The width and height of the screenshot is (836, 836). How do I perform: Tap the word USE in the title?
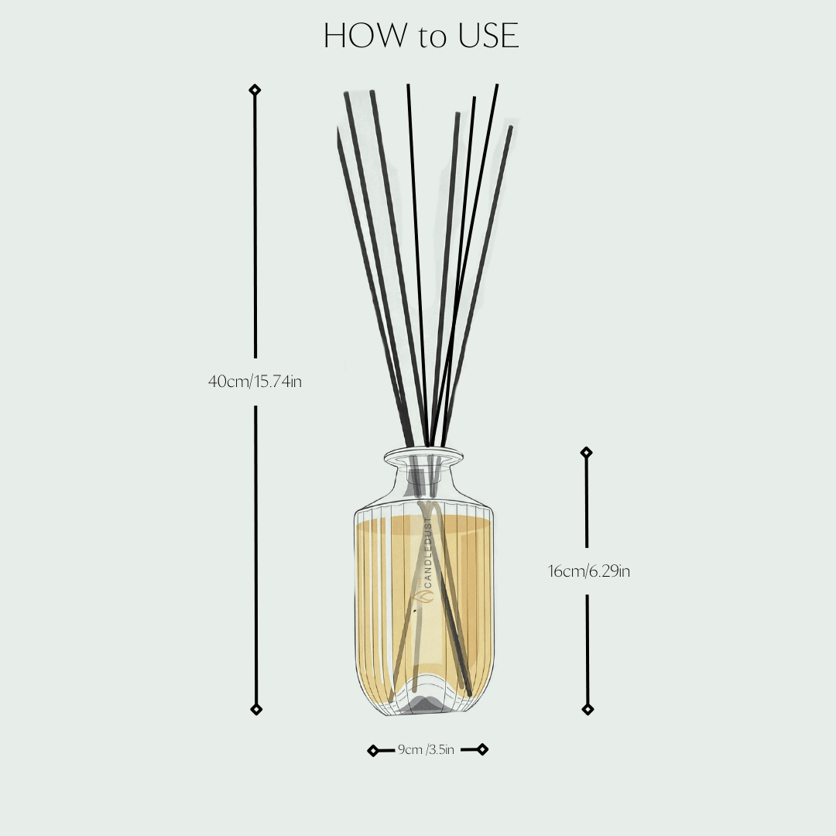[x=487, y=36]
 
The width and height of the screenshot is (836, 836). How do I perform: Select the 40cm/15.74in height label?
[x=255, y=382]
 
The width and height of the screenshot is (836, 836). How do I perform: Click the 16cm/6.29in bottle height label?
[x=589, y=572]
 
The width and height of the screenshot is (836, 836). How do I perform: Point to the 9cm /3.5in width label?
[x=426, y=749]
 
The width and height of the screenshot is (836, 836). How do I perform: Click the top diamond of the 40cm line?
[x=255, y=91]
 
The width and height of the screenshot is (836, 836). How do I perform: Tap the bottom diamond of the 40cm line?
[x=256, y=709]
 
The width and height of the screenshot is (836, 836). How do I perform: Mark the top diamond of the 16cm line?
[x=587, y=452]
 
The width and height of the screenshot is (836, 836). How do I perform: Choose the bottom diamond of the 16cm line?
[x=588, y=709]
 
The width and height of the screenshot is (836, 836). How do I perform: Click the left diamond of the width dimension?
[x=373, y=750]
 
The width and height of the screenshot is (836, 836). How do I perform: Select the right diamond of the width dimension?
[x=482, y=749]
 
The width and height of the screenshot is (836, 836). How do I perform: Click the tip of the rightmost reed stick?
[x=511, y=128]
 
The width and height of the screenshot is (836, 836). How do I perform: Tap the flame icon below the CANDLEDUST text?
[x=428, y=598]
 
